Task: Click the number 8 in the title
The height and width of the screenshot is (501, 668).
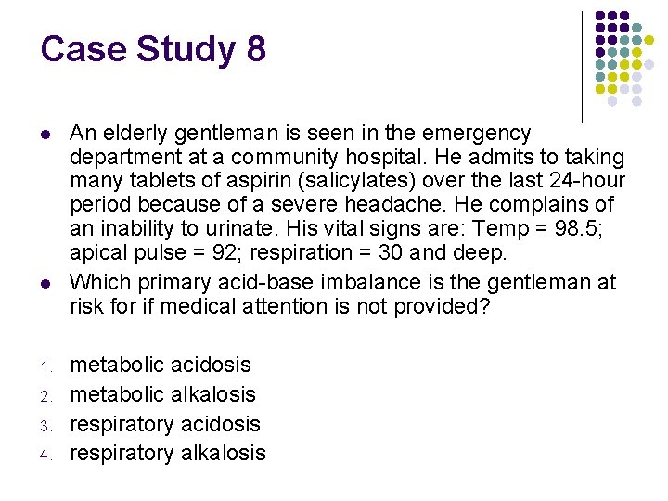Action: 256,49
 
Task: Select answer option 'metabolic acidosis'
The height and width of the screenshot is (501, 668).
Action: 161,365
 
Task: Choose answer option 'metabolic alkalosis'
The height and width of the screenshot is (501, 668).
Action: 163,394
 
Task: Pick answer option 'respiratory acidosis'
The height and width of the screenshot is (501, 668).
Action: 166,424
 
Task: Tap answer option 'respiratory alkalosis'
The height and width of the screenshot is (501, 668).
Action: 168,454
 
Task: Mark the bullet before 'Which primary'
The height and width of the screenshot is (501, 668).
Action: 45,282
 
